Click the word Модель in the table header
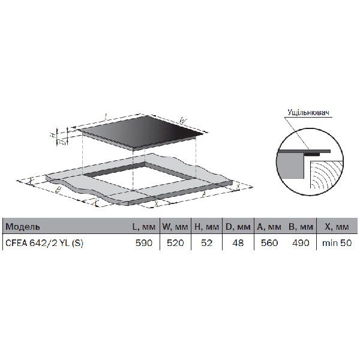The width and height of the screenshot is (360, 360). coord(23,228)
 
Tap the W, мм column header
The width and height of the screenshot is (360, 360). coord(175,228)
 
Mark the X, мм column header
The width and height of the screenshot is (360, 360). coord(337,228)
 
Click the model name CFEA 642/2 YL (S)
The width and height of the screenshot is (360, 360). coord(44,243)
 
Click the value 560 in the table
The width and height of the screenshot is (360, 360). coord(270,243)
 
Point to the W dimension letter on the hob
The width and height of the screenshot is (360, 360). coord(184,121)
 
